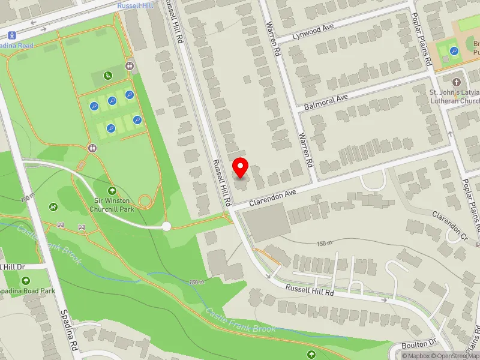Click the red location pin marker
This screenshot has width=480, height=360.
[241, 167]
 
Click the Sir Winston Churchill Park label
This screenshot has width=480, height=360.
[114, 205]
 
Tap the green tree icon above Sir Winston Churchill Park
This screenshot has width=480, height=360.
[112, 190]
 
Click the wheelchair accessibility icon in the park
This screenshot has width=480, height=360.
[107, 76]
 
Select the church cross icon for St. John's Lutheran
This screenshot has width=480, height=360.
[457, 82]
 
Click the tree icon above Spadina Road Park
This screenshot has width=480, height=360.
[26, 280]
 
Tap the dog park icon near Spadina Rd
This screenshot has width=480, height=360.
[54, 207]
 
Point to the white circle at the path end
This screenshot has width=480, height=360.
[167, 226]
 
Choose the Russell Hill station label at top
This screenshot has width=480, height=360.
[136, 5]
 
